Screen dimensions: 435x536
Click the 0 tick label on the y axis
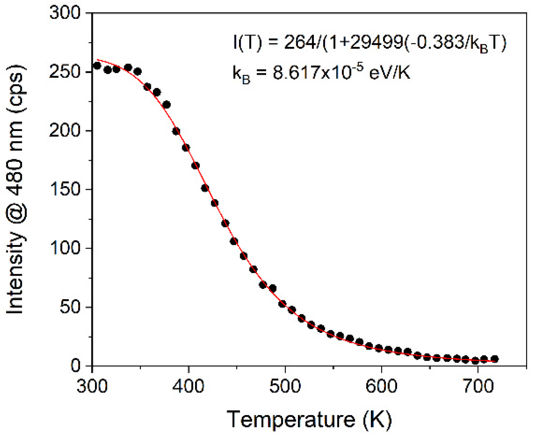click(x=76, y=366)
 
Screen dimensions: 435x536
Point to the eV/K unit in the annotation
click(x=390, y=73)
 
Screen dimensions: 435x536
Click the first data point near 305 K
click(x=97, y=65)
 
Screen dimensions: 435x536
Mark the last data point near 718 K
click(x=495, y=359)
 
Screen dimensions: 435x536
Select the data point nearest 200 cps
click(x=176, y=131)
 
